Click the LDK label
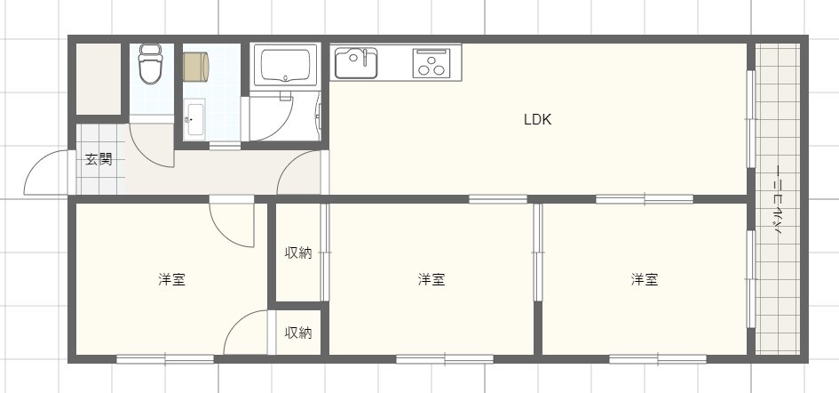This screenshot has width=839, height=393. pyautogui.click(x=537, y=119)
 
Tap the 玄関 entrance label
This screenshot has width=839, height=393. pyautogui.click(x=99, y=160)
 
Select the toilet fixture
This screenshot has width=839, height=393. pyautogui.click(x=150, y=68)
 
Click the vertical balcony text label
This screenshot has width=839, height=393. pyautogui.click(x=778, y=199)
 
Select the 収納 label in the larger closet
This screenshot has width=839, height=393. pyautogui.click(x=298, y=253)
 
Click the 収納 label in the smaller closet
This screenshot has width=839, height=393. pyautogui.click(x=298, y=333)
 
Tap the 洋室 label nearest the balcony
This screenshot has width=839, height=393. pyautogui.click(x=645, y=279)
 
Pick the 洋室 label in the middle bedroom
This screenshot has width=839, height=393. pyautogui.click(x=431, y=279)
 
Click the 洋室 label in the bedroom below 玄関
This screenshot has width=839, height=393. pyautogui.click(x=171, y=279)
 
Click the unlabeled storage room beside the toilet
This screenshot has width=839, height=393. pyautogui.click(x=98, y=78)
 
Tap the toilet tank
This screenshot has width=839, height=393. pyautogui.click(x=150, y=50)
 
